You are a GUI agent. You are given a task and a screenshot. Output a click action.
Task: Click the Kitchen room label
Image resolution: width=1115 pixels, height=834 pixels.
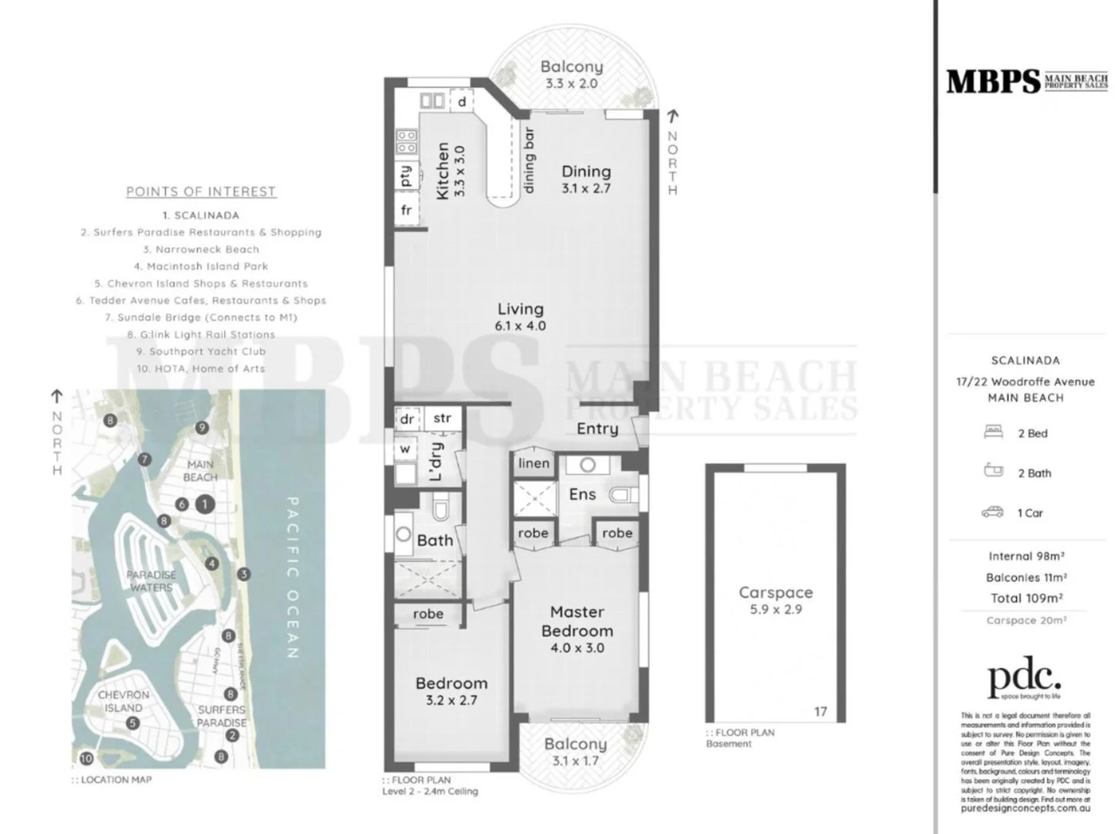coord(443,171)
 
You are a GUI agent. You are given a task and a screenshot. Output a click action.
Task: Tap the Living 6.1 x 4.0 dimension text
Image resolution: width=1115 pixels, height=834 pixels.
coord(520,326)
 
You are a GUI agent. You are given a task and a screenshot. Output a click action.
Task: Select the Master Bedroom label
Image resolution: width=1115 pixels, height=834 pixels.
coord(576,621)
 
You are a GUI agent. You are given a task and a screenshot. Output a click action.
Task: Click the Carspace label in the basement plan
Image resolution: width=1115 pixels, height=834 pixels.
coord(775,592)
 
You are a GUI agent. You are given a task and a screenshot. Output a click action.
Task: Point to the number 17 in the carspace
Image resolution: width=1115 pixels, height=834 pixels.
coord(820,711)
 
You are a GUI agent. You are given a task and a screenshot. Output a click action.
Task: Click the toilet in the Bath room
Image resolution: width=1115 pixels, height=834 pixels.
coord(441,510)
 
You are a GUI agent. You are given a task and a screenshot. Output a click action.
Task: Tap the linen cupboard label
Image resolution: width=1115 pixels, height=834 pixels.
coord(533,463)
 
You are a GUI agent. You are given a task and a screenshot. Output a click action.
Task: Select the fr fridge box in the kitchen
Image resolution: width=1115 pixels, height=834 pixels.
coord(406,210)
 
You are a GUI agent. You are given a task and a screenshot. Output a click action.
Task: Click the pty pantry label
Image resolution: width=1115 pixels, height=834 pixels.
coord(406,176)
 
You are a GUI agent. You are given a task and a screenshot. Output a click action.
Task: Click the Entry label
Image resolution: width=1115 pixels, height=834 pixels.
coord(597,429)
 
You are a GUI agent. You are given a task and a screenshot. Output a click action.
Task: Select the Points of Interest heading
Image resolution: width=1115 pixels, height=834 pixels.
coord(201,192)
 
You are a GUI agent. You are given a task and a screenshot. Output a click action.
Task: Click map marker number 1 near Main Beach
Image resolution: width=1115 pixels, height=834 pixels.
coord(205,504)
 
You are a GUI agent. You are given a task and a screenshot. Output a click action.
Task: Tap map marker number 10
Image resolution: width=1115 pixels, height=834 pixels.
coord(86,758)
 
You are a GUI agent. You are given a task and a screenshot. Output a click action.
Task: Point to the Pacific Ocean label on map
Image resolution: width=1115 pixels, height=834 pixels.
coord(293,577)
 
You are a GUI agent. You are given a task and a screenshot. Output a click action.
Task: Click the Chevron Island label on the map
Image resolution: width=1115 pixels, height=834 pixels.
coord(124,701)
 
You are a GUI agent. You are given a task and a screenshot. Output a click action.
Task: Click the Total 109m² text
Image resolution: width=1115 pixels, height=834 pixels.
coord(1026,598)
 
